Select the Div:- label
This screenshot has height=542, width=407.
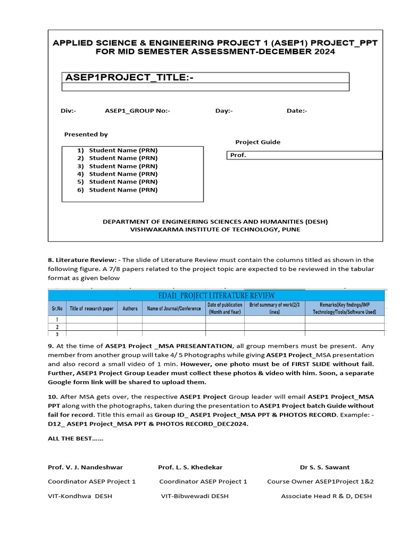pyautogui.click(x=68, y=111)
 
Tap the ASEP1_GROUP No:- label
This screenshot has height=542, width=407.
pyautogui.click(x=137, y=111)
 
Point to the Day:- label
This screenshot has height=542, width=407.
pyautogui.click(x=224, y=111)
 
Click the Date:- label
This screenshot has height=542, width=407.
pyautogui.click(x=297, y=111)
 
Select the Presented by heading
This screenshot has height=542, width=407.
pyautogui.click(x=86, y=134)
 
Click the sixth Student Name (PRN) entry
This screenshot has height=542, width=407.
pyautogui.click(x=123, y=189)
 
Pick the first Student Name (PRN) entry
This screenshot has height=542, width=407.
pyautogui.click(x=123, y=150)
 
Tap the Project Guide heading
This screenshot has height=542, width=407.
pyautogui.click(x=258, y=142)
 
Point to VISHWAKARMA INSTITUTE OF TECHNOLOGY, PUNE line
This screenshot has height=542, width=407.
pyautogui.click(x=215, y=229)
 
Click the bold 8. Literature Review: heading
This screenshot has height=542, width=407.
pyautogui.click(x=82, y=260)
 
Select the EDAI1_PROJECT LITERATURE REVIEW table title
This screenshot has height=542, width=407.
pyautogui.click(x=217, y=295)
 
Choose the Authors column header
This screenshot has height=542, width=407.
pyautogui.click(x=130, y=309)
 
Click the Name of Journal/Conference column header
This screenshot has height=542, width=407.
pyautogui.click(x=174, y=309)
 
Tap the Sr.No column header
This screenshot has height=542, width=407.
pyautogui.click(x=57, y=309)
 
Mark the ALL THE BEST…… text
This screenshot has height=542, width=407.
pyautogui.click(x=76, y=439)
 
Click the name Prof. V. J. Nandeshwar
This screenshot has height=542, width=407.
pyautogui.click(x=85, y=467)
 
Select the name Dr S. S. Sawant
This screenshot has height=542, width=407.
pyautogui.click(x=324, y=467)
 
